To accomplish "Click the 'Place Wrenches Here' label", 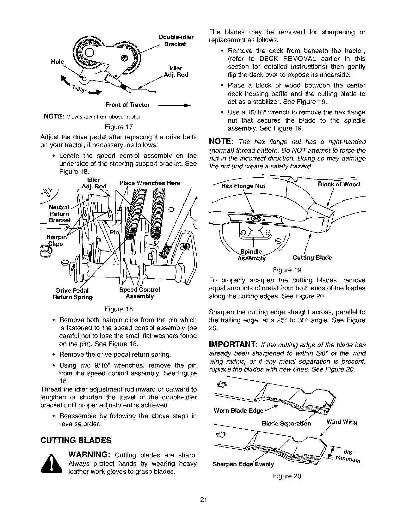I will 150,183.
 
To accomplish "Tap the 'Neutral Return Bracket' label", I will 60,214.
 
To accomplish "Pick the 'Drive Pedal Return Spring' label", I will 73,293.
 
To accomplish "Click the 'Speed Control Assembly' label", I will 140,293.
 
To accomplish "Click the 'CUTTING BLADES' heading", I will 75,440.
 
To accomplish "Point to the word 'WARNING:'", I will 89,455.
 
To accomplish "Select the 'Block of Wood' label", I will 338,184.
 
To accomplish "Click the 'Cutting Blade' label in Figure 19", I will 312,258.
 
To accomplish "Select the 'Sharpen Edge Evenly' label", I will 243,464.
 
